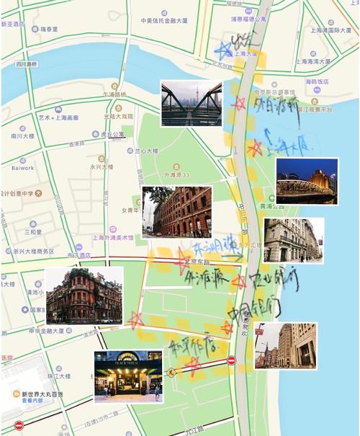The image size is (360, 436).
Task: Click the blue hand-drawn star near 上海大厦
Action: click(225, 50)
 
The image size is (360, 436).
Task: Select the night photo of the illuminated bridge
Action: click(307, 181)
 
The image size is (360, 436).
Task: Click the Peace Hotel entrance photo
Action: click(128, 376)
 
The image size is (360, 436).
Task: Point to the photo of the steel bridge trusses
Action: click(191, 103)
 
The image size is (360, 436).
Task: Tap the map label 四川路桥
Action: click(27, 64)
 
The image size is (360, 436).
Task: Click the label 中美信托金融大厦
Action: click(166, 21)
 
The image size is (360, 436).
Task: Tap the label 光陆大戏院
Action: click(118, 115)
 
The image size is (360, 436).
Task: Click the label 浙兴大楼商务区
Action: click(34, 251)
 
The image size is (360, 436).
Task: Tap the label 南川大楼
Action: click(24, 135)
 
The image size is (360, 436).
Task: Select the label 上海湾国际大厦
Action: click(331, 30)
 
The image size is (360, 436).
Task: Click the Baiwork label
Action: click(22, 168)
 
